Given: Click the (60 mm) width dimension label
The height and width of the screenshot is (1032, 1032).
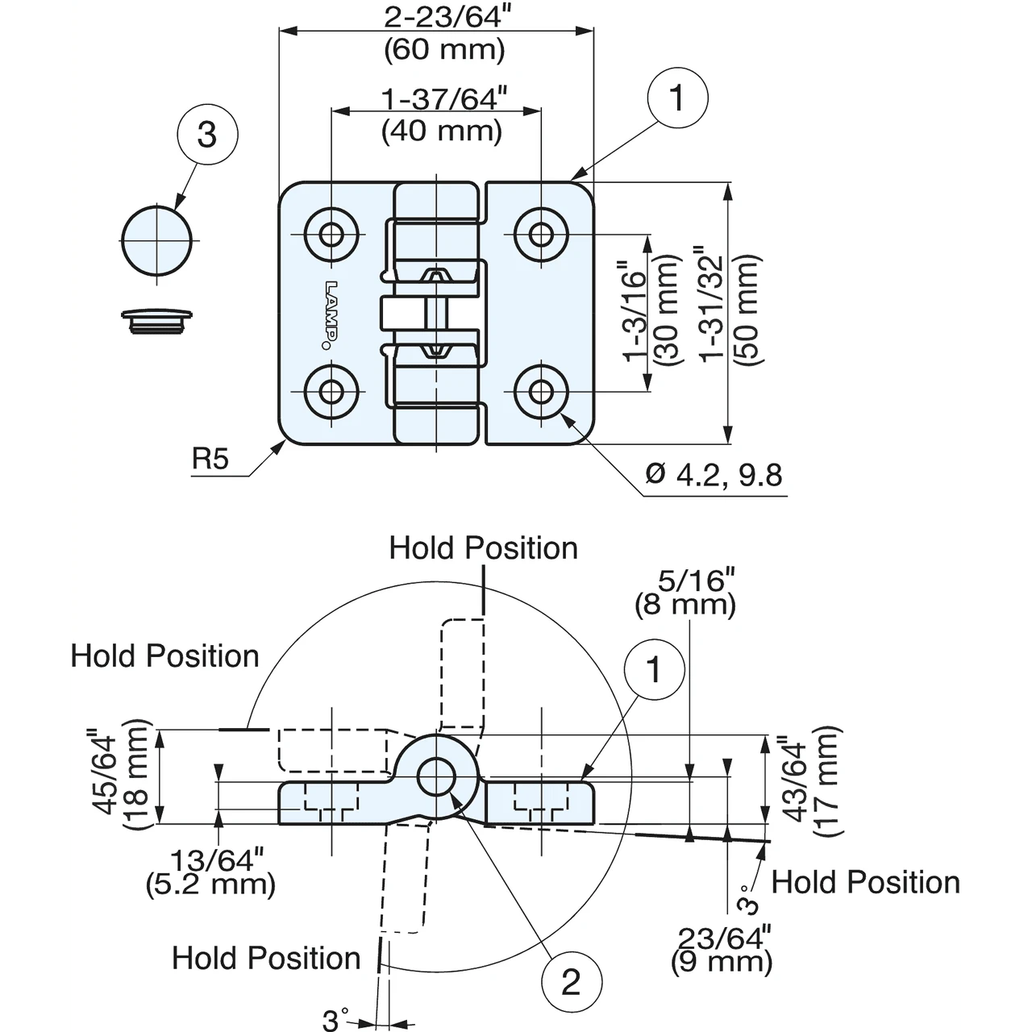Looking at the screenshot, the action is tap(444, 50).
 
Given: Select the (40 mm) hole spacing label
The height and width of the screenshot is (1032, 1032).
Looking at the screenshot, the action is tap(442, 131).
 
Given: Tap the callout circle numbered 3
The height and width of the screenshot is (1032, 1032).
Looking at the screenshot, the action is tap(207, 134).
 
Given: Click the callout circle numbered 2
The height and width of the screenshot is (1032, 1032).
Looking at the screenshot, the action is tap(572, 982).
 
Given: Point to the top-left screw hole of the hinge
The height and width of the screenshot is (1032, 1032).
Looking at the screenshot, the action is tap(331, 234).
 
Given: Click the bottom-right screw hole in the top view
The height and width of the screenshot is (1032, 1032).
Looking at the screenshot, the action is tap(541, 392).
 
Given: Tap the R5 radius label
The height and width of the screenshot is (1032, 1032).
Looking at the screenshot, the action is tap(210, 459).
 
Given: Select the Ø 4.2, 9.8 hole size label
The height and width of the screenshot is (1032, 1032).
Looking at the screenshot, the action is tap(714, 475).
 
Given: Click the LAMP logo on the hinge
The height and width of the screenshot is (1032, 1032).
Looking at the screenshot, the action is tap(331, 315).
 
